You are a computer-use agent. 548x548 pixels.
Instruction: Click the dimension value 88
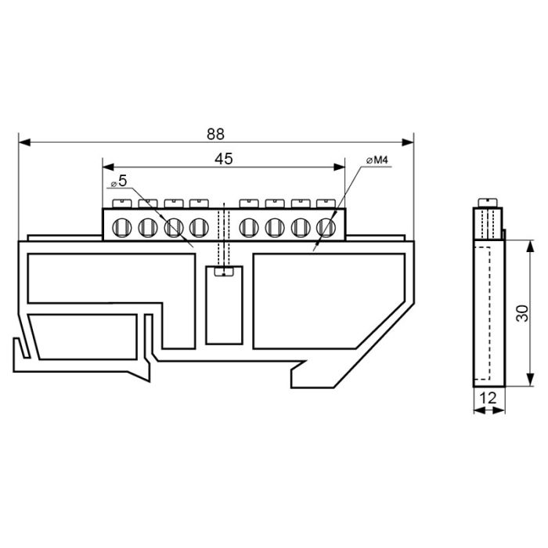[215, 134]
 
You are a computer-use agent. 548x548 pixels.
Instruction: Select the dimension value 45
[224, 159]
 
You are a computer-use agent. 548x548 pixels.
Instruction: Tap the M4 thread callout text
[377, 160]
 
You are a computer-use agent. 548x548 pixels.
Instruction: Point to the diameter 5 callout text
[119, 181]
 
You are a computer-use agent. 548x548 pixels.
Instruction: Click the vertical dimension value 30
[523, 313]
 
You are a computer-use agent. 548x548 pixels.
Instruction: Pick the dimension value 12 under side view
[489, 398]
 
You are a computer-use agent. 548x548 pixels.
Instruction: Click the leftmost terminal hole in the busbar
[122, 227]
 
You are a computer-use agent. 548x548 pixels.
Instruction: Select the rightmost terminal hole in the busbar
[326, 227]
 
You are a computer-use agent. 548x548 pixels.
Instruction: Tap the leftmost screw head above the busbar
[122, 204]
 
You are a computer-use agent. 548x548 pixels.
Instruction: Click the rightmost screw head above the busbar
[326, 204]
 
